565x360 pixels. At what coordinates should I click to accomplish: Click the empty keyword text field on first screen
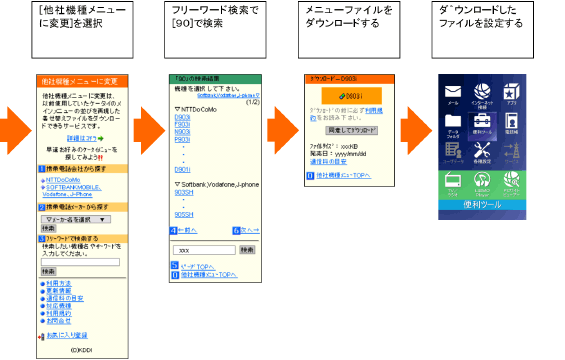coord(80,262)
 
